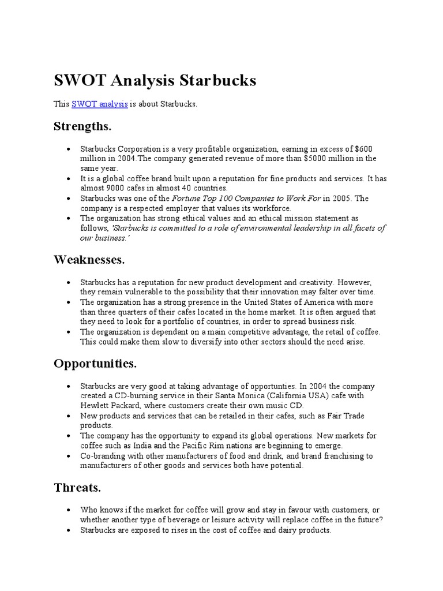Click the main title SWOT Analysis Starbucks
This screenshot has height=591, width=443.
coord(155,80)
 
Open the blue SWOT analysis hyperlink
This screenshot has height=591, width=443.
coord(99,104)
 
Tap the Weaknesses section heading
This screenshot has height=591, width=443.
coord(89,260)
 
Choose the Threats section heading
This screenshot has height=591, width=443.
coord(77,488)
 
